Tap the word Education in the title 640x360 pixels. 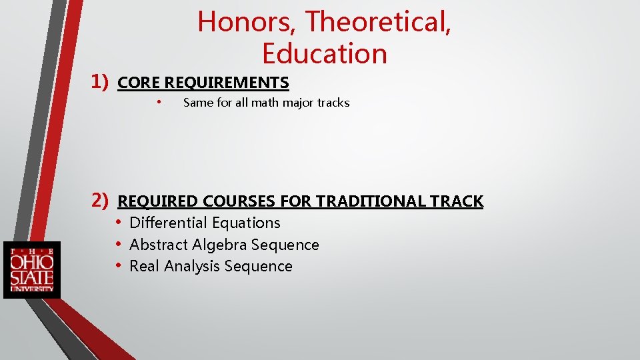click(325, 54)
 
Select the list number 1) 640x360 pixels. click(100, 82)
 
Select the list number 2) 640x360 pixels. click(100, 199)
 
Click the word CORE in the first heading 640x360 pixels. click(139, 83)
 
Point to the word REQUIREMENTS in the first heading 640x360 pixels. click(227, 83)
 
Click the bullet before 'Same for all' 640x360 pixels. click(159, 102)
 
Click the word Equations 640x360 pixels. click(244, 223)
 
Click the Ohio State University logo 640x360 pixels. click(32, 269)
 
